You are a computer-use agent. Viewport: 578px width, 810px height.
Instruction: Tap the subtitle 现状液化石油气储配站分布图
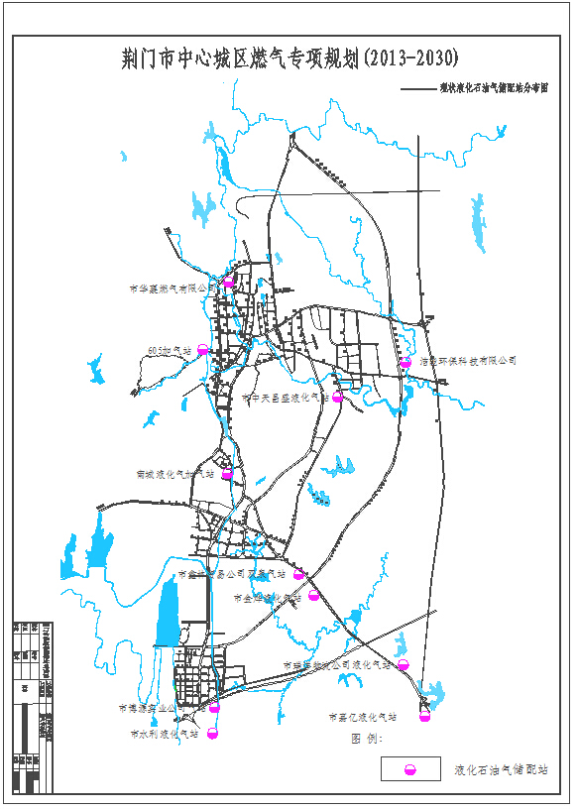[493, 88]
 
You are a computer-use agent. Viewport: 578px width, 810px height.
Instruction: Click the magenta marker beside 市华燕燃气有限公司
[228, 284]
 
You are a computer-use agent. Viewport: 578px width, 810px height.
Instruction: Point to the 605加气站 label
[168, 350]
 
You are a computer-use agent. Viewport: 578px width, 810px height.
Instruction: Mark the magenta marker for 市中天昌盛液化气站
[337, 398]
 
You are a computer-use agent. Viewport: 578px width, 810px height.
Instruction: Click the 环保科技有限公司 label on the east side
[468, 362]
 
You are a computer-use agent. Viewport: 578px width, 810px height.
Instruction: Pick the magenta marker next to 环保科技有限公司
[405, 364]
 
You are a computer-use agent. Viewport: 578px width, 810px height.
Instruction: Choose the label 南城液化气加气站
[174, 475]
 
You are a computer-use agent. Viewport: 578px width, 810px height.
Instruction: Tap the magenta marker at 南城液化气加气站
[227, 475]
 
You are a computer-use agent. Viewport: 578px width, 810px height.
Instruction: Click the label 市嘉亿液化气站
[362, 716]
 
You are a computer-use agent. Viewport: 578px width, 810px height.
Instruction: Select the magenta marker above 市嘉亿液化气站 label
[424, 705]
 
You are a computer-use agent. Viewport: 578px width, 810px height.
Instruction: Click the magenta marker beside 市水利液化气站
[211, 734]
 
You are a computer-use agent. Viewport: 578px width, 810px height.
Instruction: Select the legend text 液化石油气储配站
[500, 769]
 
